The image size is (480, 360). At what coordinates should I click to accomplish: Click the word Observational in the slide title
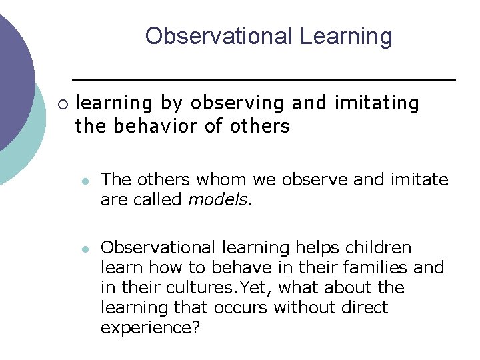pyautogui.click(x=219, y=36)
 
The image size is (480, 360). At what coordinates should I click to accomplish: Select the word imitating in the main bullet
pyautogui.click(x=377, y=103)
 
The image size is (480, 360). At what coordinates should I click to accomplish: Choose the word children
pyautogui.click(x=381, y=248)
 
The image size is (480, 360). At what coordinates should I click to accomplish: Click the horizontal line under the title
pyautogui.click(x=263, y=79)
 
